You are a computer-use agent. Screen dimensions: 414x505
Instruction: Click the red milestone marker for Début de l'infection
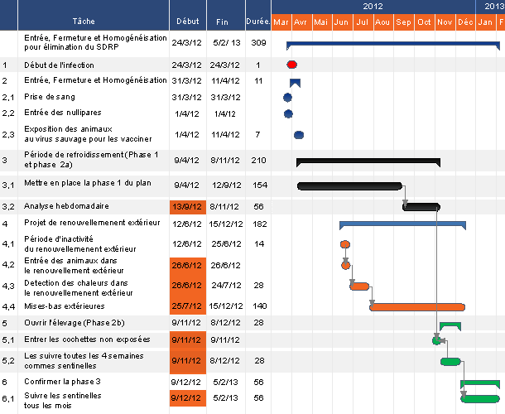(291, 64)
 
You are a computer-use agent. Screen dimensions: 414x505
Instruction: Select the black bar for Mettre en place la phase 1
(349, 185)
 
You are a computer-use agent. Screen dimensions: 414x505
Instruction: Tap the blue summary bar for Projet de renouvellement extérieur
(402, 224)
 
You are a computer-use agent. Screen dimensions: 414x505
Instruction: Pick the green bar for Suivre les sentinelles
(480, 398)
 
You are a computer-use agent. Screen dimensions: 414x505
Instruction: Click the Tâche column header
(84, 21)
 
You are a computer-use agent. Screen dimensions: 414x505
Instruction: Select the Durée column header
(257, 21)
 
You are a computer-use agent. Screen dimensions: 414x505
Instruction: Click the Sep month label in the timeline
(403, 21)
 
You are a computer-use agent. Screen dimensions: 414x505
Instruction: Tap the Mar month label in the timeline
(281, 21)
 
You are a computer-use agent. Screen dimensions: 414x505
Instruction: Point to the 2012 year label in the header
(373, 6)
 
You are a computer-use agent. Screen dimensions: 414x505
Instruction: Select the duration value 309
(257, 42)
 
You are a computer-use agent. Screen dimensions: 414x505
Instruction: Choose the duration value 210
(257, 160)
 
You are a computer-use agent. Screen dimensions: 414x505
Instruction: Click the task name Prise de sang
(50, 97)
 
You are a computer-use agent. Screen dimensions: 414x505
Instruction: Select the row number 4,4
(8, 306)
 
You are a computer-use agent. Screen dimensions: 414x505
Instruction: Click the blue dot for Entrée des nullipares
(288, 113)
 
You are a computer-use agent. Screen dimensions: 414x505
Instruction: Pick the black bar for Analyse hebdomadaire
(421, 206)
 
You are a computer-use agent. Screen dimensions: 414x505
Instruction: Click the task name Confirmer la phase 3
(63, 382)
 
